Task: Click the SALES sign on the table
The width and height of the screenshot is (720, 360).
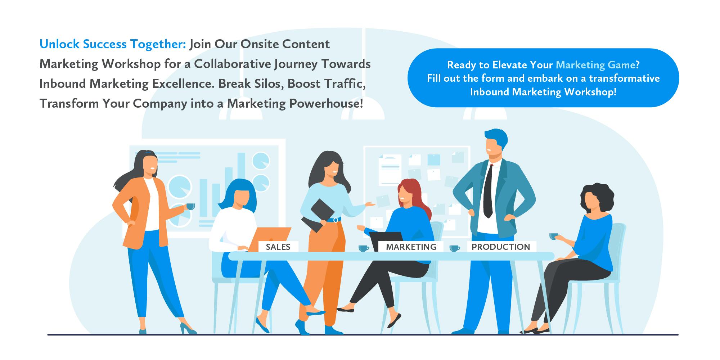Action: coord(278,247)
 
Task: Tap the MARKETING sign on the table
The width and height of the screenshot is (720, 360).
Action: coord(411,247)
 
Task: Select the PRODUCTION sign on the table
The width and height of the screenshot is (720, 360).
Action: coord(501,247)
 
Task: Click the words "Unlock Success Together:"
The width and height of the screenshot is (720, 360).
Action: coord(113,44)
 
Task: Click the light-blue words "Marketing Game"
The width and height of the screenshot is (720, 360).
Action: coord(595,65)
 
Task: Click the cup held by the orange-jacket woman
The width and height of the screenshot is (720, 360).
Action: coord(190,206)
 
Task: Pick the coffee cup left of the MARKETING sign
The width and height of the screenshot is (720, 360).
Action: coord(363,248)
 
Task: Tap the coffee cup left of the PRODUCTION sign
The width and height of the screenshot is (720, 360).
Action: coord(454,248)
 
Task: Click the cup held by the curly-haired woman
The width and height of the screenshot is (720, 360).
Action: coord(553,236)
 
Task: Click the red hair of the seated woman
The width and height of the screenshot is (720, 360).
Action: coord(414,191)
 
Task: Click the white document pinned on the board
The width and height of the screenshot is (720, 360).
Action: coord(390,169)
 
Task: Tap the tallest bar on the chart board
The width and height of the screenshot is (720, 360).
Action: coord(241,169)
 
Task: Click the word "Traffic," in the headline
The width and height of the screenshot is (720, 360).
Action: coord(346,84)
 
